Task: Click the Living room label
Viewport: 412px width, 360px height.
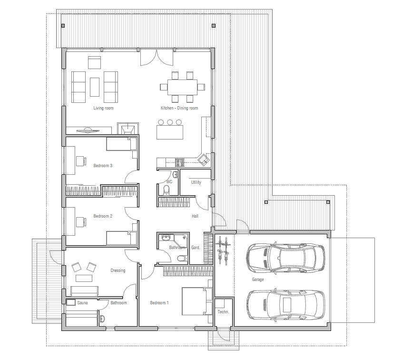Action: click(x=103, y=108)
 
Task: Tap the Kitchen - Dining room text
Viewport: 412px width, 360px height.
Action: click(x=179, y=108)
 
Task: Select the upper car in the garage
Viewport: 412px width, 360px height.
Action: click(x=285, y=258)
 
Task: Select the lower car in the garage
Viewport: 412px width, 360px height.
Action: click(x=285, y=305)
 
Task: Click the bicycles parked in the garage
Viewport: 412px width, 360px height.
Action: click(x=223, y=250)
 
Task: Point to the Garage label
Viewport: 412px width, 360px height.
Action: click(x=258, y=280)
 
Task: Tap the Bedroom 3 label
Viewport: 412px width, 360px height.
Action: click(x=103, y=166)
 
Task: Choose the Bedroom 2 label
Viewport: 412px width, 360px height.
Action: click(x=103, y=216)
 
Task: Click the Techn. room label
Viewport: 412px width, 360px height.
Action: click(x=223, y=312)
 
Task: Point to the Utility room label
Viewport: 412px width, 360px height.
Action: click(x=196, y=182)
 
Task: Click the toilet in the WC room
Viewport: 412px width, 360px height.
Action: click(x=166, y=190)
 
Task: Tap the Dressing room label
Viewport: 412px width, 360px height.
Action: click(x=118, y=270)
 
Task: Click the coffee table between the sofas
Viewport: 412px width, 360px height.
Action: click(x=95, y=87)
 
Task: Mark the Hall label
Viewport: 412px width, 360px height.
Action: click(x=195, y=216)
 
